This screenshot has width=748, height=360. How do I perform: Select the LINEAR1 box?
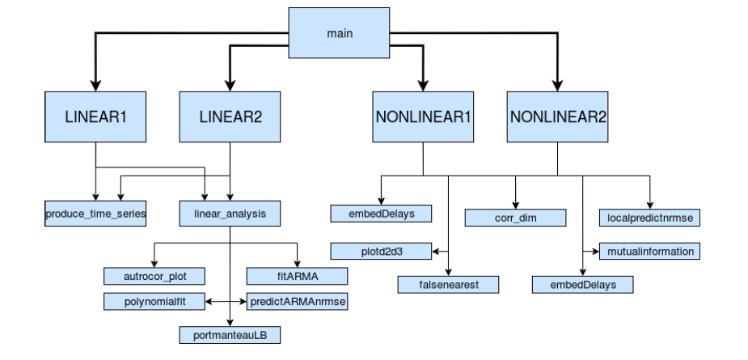[96, 116]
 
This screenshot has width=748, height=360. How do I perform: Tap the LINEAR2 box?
[231, 116]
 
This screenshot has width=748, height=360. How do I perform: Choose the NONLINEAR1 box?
[423, 116]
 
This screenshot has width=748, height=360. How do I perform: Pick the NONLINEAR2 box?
[557, 116]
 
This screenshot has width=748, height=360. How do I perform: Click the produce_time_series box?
[96, 214]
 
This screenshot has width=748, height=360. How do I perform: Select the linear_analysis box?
[231, 214]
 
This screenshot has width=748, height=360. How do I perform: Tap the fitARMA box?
[297, 275]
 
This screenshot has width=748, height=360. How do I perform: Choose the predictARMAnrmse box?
[297, 302]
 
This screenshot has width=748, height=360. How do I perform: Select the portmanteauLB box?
[230, 333]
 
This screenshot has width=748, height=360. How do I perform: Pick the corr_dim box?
[515, 218]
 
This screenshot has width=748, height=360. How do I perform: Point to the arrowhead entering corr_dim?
[515, 205]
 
